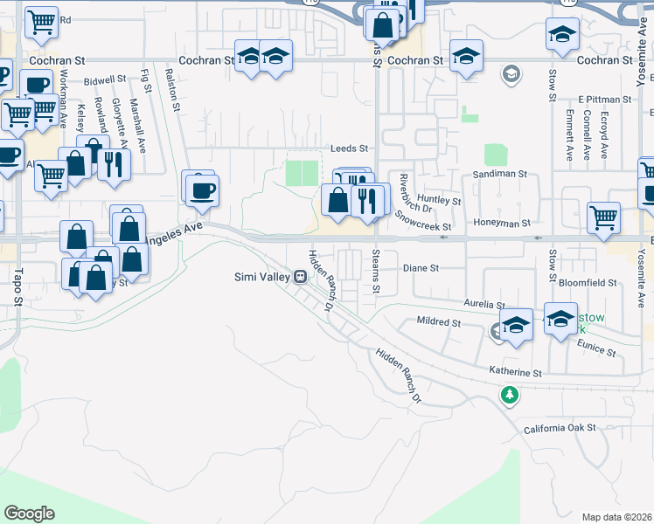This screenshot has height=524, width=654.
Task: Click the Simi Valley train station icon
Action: (x=300, y=277)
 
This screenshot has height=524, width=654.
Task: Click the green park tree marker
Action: (x=509, y=396)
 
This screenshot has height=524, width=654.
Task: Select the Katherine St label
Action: (x=516, y=372)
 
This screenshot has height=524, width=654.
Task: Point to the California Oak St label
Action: (x=560, y=428)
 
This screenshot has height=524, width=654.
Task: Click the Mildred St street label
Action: (x=438, y=322)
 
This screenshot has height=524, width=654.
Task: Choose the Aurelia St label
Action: (x=485, y=305)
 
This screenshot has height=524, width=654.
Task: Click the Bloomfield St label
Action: (x=587, y=283)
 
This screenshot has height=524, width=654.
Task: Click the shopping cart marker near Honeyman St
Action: (x=603, y=217)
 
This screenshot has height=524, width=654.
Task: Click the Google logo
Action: (x=29, y=514)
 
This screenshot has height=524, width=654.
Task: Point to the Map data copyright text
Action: (x=616, y=517)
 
